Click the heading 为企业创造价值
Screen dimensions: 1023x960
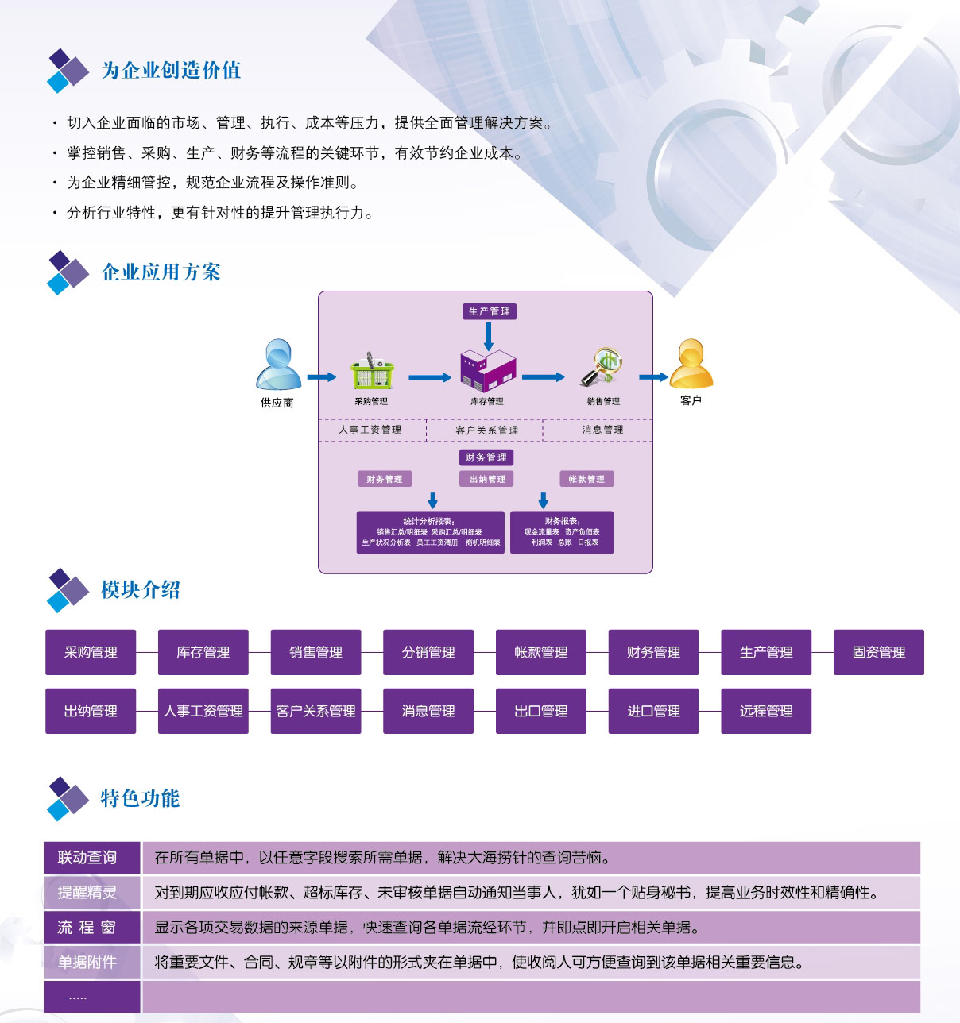[171, 71]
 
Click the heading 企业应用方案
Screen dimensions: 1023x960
[161, 272]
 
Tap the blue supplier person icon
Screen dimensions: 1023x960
[277, 365]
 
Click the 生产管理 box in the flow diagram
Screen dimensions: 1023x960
[490, 311]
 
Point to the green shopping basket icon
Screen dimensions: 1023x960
[371, 372]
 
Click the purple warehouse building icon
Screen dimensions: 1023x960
[487, 370]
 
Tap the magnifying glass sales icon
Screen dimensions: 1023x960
[602, 367]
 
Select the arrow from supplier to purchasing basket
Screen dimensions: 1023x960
[321, 377]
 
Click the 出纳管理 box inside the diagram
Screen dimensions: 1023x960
[487, 479]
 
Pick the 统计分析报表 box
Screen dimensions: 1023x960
[431, 532]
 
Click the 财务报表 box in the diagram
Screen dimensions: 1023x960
[562, 532]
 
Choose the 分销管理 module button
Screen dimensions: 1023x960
[428, 652]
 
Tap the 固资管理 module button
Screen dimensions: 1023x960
[878, 652]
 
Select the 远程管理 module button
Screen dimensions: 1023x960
[765, 711]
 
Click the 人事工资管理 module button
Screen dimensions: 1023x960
[203, 711]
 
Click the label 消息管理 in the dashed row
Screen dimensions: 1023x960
[602, 430]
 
